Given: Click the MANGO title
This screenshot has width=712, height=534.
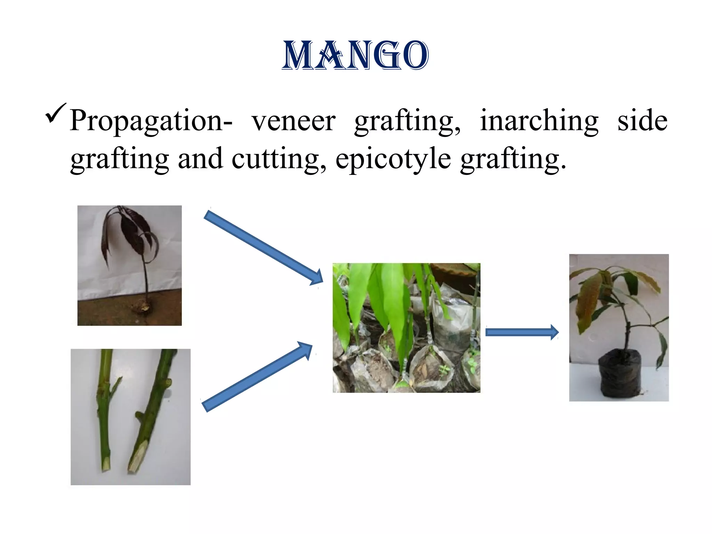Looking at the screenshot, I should click(x=355, y=56).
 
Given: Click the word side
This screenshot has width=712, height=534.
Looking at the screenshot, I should click(x=642, y=120).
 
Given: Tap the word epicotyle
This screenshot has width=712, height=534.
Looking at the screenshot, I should click(x=393, y=159).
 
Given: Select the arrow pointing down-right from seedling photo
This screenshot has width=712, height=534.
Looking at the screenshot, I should click(x=263, y=247).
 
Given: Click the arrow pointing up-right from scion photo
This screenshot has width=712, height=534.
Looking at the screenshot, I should click(x=257, y=377).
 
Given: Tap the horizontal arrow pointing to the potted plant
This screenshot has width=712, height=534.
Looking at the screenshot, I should click(x=521, y=332).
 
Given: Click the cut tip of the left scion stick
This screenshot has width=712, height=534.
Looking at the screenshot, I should click(x=106, y=464).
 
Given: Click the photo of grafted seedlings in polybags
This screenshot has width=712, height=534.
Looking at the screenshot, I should click(x=406, y=328).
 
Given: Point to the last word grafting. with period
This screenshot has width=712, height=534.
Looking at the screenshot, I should click(x=513, y=159).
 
